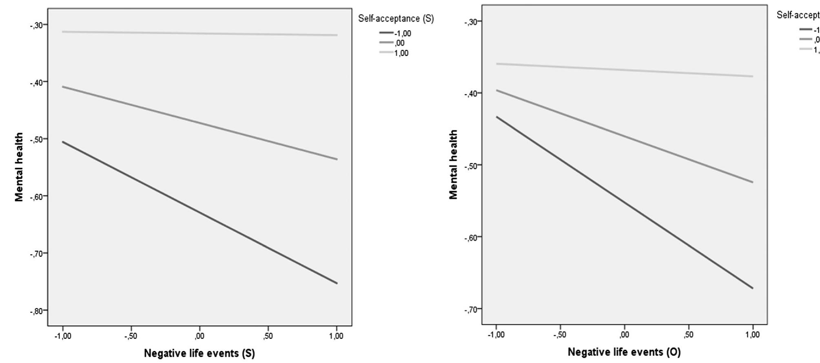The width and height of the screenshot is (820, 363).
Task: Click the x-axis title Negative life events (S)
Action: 199,353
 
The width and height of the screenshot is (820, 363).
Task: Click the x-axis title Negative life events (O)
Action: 624,352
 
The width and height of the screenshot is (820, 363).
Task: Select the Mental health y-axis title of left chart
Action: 19,167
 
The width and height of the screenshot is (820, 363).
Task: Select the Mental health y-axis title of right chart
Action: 453,165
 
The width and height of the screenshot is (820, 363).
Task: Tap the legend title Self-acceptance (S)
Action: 396,18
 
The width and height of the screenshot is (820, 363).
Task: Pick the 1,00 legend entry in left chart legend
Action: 401,53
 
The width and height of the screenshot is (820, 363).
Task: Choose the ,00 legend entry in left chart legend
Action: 399,43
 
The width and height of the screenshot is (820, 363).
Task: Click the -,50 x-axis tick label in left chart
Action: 131,337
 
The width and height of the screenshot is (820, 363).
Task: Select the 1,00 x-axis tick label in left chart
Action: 337,337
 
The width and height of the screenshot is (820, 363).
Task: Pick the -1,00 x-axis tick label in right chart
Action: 496,335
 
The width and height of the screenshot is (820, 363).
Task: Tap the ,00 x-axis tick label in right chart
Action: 624,335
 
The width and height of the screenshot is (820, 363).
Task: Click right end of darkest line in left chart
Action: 337,283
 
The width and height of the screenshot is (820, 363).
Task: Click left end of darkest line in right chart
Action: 497,117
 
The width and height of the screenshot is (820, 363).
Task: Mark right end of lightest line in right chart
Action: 752,76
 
